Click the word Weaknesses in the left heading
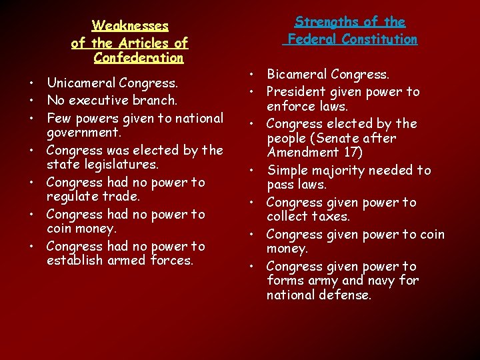point(130,26)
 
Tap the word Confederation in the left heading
point(139,58)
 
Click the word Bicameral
point(297,75)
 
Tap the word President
point(297,91)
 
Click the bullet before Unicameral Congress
point(33,85)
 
